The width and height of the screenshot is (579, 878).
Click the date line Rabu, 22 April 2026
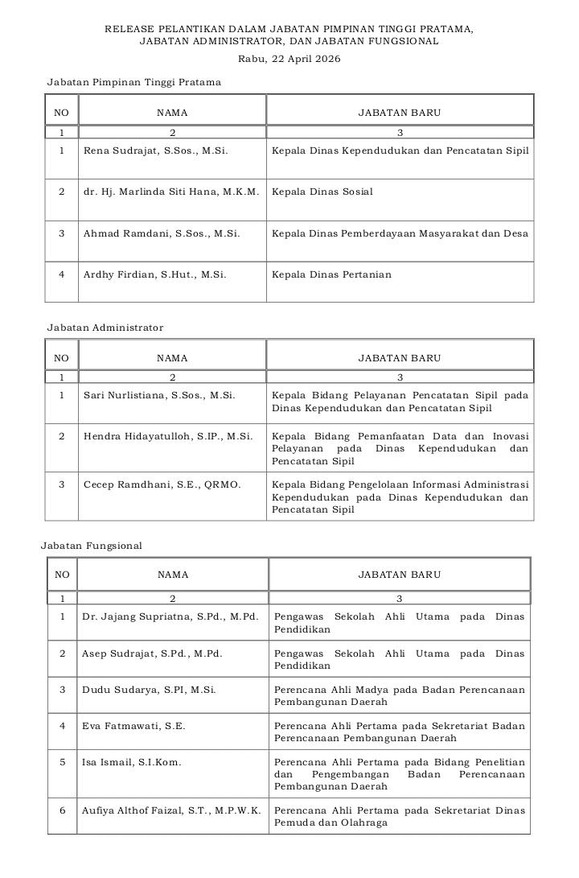[289, 58]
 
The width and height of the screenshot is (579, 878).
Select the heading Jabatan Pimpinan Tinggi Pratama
[133, 82]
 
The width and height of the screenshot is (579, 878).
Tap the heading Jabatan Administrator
[105, 328]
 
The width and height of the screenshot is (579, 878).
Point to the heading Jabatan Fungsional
[92, 546]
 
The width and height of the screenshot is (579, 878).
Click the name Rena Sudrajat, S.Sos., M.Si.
[155, 150]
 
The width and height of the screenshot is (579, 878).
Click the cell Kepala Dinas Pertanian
[331, 274]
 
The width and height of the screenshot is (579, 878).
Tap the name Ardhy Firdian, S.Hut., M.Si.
[154, 274]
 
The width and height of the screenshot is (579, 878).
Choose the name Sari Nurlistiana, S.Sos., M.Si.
[159, 395]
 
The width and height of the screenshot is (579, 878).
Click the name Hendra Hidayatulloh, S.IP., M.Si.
[168, 436]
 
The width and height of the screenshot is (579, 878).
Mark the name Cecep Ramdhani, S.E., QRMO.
[162, 484]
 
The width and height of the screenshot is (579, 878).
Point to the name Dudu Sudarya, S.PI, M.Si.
[149, 690]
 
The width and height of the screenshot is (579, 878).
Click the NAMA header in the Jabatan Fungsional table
[173, 575]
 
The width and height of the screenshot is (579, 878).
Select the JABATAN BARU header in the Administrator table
[400, 358]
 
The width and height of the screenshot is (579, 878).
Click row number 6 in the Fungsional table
[62, 810]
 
